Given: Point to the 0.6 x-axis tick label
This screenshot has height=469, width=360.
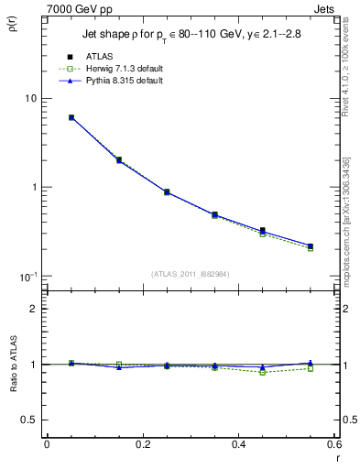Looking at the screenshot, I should (x=333, y=444).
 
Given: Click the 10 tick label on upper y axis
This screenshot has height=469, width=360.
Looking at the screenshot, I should (x=29, y=98).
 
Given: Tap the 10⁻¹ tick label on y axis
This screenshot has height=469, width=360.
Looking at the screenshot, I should (x=27, y=276).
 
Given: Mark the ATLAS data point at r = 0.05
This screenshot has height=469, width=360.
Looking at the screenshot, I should (x=71, y=117).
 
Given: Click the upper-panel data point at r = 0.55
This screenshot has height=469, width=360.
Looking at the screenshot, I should (x=311, y=246).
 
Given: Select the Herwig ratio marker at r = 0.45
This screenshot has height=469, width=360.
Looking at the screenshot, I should (x=263, y=372).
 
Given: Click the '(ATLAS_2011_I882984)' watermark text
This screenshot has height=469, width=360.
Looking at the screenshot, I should (x=190, y=274).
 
